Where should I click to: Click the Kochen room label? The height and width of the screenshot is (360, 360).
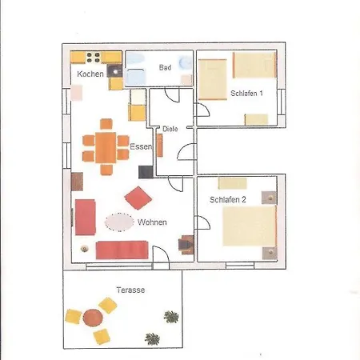click(90, 74)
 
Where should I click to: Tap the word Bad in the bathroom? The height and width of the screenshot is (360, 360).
click(165, 67)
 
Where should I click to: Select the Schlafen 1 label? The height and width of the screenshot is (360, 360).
click(246, 94)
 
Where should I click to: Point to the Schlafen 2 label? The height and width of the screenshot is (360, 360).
click(228, 200)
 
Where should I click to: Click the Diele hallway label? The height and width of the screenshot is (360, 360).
click(170, 129)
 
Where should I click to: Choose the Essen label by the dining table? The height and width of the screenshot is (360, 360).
click(141, 146)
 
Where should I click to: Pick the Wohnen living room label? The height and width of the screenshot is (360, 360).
click(152, 222)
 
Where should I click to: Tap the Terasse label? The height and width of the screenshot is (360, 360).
click(130, 290)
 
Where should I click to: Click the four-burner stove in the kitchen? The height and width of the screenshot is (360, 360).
click(94, 58)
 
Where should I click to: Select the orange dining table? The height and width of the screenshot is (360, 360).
click(106, 147)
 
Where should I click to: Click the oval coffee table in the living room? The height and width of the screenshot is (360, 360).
click(119, 222)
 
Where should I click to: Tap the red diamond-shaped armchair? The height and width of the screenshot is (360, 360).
click(138, 198)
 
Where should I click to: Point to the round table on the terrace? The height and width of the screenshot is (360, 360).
click(93, 318)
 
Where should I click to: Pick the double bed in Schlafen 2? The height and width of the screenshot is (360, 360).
click(250, 226)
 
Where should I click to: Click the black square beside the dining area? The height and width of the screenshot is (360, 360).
click(146, 172)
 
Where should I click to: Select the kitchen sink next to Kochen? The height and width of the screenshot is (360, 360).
click(115, 71)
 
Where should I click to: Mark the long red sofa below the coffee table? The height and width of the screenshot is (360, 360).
click(122, 250)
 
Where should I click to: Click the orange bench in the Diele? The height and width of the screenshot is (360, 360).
click(159, 145)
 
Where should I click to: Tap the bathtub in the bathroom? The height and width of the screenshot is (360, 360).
click(136, 77)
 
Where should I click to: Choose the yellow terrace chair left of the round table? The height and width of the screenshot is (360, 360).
click(73, 317)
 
